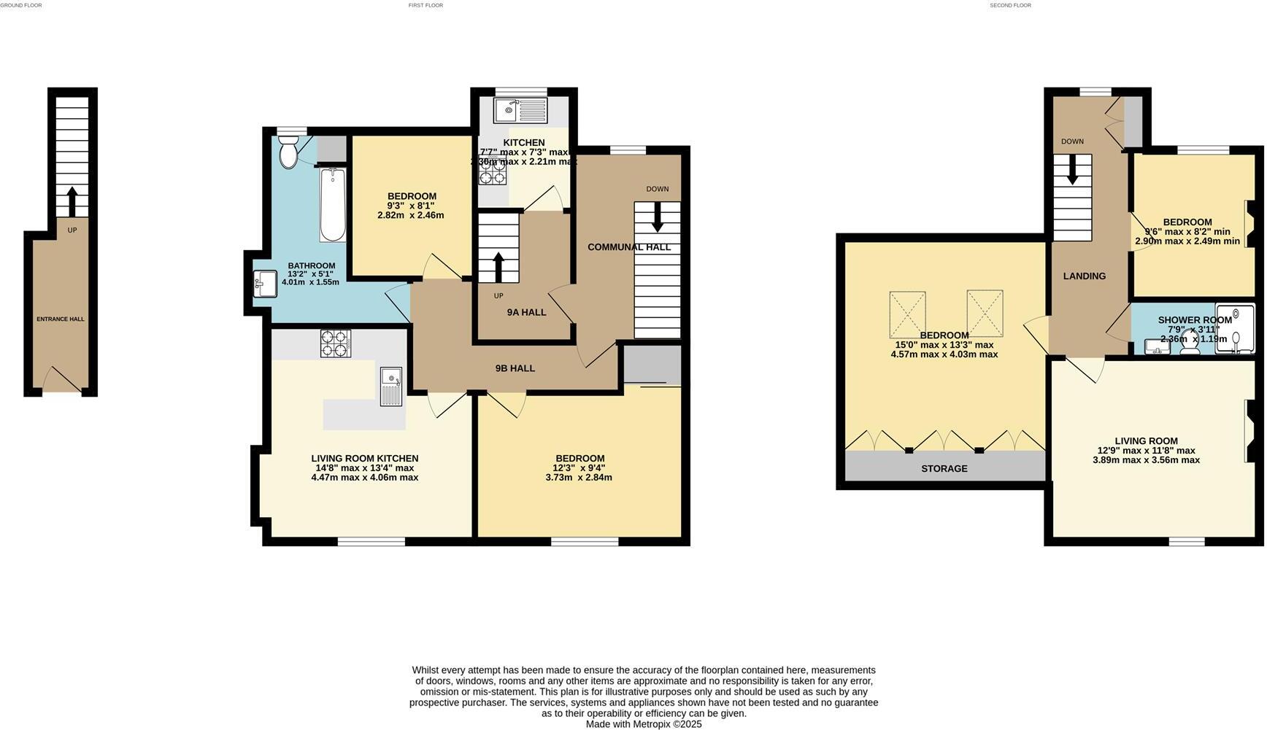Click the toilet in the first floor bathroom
289,153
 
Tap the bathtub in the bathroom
333,205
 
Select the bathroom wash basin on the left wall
265,284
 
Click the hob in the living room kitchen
336,343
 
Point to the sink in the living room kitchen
392,386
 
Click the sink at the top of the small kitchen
519,111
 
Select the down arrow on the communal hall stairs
657,217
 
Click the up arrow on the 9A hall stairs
498,267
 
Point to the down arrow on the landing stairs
1072,169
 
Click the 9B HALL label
515,368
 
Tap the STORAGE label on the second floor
944,468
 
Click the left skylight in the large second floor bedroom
907,314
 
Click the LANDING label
1084,276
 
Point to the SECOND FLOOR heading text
1010,5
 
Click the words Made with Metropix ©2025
644,724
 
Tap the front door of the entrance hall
62,379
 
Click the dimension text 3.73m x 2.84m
578,478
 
